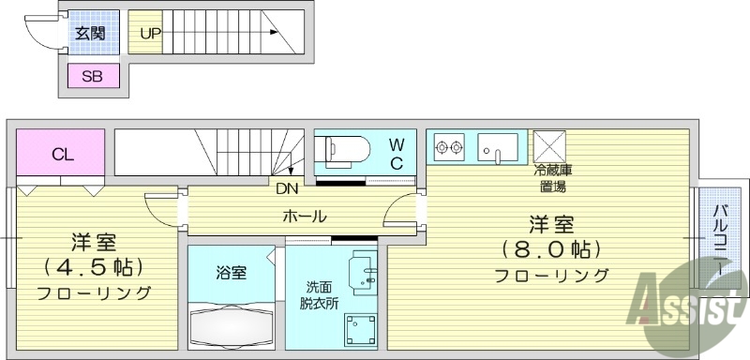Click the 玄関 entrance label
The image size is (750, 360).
pyautogui.click(x=90, y=34)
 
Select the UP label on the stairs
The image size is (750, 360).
pyautogui.click(x=150, y=34)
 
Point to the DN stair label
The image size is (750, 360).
pyautogui.click(x=287, y=187)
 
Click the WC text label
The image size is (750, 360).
pyautogui.click(x=397, y=153)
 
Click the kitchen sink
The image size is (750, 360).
pyautogui.click(x=498, y=147)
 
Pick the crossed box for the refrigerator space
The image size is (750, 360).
pyautogui.click(x=547, y=146)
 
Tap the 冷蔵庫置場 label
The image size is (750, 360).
pyautogui.click(x=553, y=178)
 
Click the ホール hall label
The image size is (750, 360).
pyautogui.click(x=305, y=217)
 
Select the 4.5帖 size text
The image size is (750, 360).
pyautogui.click(x=94, y=265)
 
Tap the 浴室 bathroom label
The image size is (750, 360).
pyautogui.click(x=231, y=273)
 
